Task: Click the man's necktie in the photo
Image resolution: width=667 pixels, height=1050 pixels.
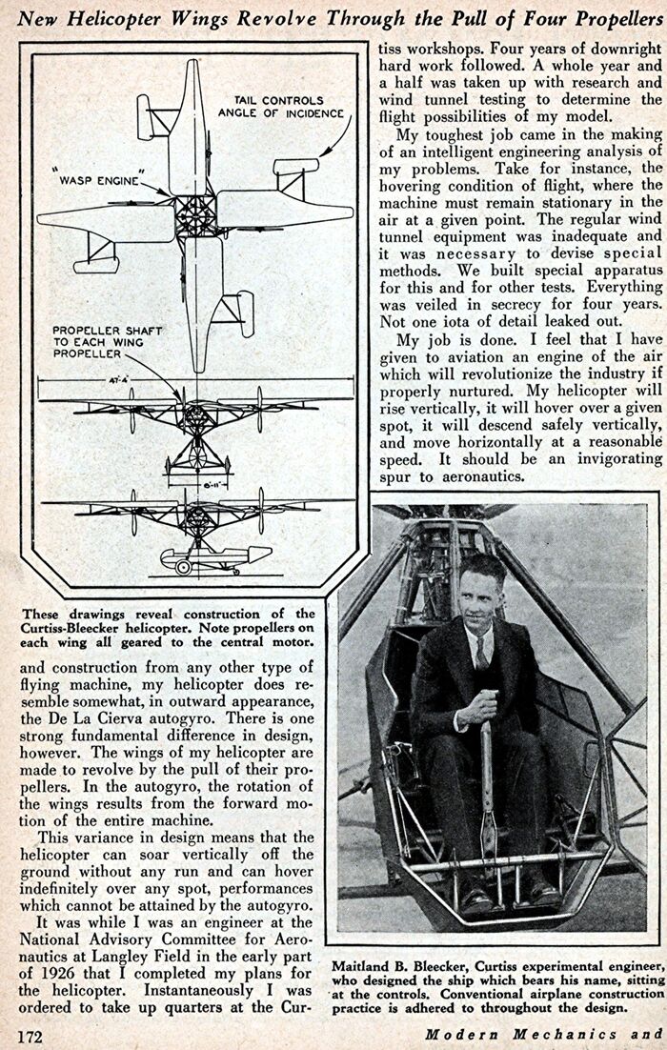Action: tap(482, 652)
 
